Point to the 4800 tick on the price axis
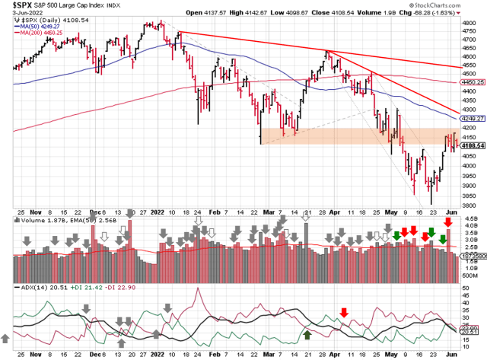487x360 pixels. coord(470,24)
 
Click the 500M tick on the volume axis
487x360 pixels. coord(470,276)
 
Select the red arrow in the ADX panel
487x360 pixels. coord(344,311)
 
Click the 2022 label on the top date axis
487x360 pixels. coord(158,214)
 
